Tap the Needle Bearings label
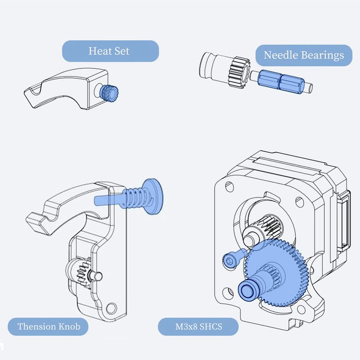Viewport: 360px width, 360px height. (303, 55)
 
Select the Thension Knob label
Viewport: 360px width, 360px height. (49, 326)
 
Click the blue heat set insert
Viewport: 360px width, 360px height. (108, 93)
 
